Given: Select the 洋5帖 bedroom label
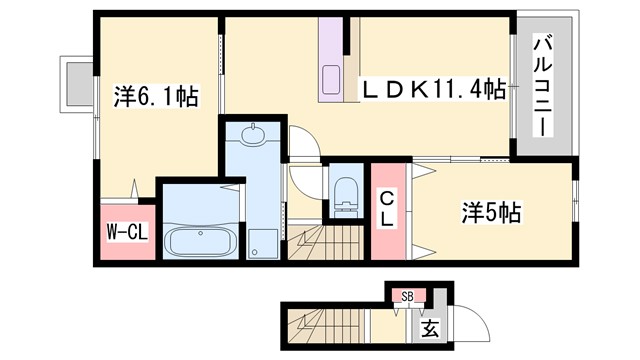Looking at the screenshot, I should [491, 212].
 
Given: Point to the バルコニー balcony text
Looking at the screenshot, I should [543, 86].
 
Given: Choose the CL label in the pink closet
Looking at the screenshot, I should [386, 210].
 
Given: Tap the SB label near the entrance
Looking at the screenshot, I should [408, 296].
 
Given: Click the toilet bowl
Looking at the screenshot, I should [345, 190].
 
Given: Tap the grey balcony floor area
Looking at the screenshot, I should [543, 130].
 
